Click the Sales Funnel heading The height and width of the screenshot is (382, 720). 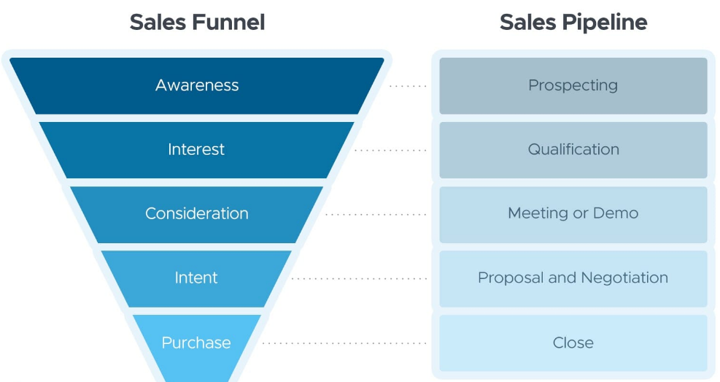197,22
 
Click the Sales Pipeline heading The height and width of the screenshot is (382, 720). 573,22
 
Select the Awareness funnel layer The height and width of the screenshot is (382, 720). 197,85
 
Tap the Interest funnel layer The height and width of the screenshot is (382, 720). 196,150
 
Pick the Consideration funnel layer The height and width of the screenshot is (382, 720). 196,214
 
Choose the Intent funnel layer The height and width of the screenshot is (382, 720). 196,278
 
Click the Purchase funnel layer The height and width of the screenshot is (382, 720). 196,343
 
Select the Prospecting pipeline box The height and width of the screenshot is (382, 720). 573,85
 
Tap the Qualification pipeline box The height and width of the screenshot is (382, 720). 573,150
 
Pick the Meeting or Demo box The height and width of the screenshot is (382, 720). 573,214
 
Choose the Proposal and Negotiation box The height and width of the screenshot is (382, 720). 573,278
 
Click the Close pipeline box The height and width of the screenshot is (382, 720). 573,343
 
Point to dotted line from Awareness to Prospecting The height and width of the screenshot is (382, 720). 408,86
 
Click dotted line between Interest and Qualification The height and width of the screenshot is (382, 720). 391,150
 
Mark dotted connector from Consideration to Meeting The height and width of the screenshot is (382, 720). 376,215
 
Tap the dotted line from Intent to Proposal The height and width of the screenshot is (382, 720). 360,278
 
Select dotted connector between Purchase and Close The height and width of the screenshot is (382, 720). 344,343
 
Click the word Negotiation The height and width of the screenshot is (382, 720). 624,278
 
